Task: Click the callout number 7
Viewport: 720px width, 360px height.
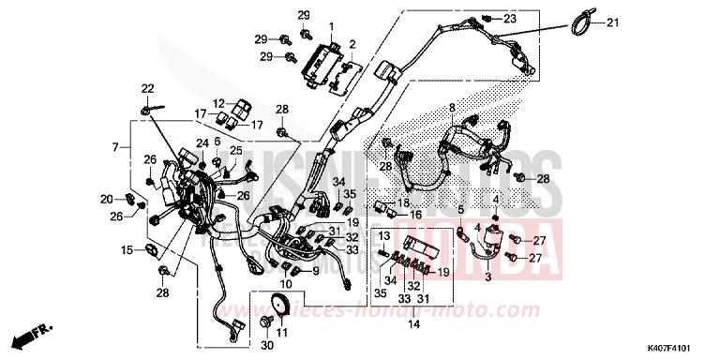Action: [116, 148]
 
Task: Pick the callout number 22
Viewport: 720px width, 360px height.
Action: [146, 89]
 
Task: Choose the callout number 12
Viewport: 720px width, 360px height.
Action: [217, 104]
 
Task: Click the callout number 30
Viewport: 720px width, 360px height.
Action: [266, 347]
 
